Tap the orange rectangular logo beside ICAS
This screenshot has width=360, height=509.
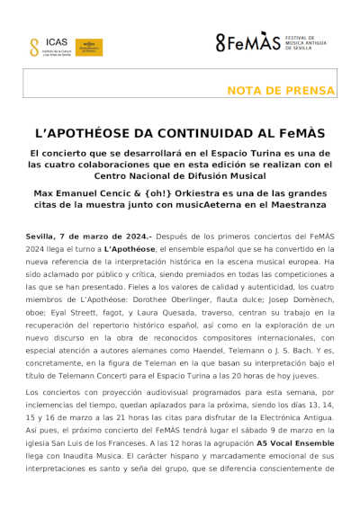point(88,47)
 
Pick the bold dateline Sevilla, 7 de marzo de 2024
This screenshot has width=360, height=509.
point(86,235)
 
